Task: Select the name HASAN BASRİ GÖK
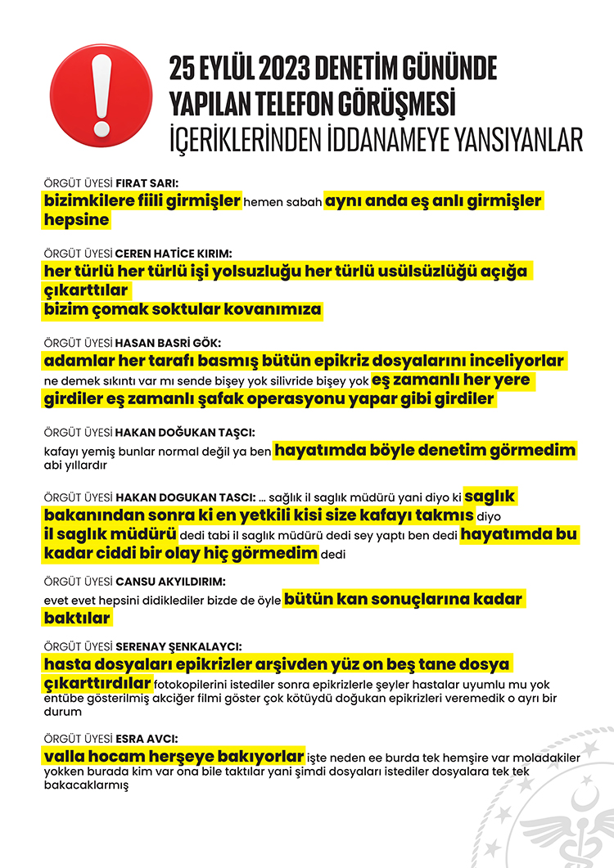click(x=168, y=343)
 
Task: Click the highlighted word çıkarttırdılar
click(x=97, y=683)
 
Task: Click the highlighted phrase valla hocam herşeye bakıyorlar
click(x=174, y=756)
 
